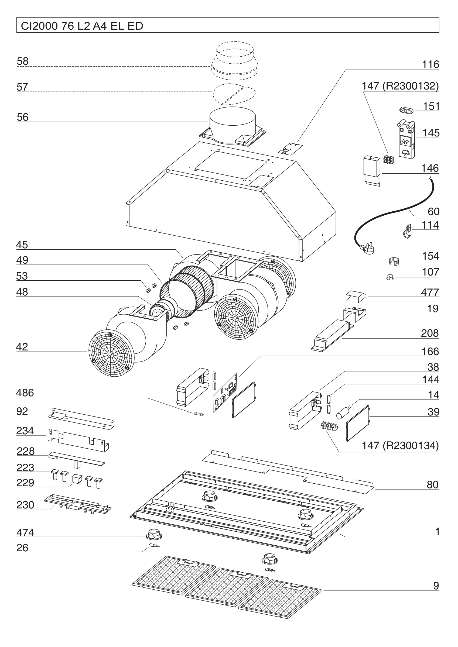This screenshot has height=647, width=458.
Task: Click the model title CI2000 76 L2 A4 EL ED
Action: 82,26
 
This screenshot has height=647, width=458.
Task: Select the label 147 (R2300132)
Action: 400,86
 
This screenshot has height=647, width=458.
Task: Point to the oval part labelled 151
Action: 406,110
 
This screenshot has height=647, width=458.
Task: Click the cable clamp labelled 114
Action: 407,231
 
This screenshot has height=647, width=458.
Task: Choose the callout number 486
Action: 25,393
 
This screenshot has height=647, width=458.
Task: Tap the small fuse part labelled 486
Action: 199,414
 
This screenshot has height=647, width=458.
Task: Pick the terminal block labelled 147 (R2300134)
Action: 329,426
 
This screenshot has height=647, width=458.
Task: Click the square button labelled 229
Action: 76,479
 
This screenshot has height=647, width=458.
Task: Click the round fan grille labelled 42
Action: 110,354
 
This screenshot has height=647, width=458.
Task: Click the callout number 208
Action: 430,333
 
